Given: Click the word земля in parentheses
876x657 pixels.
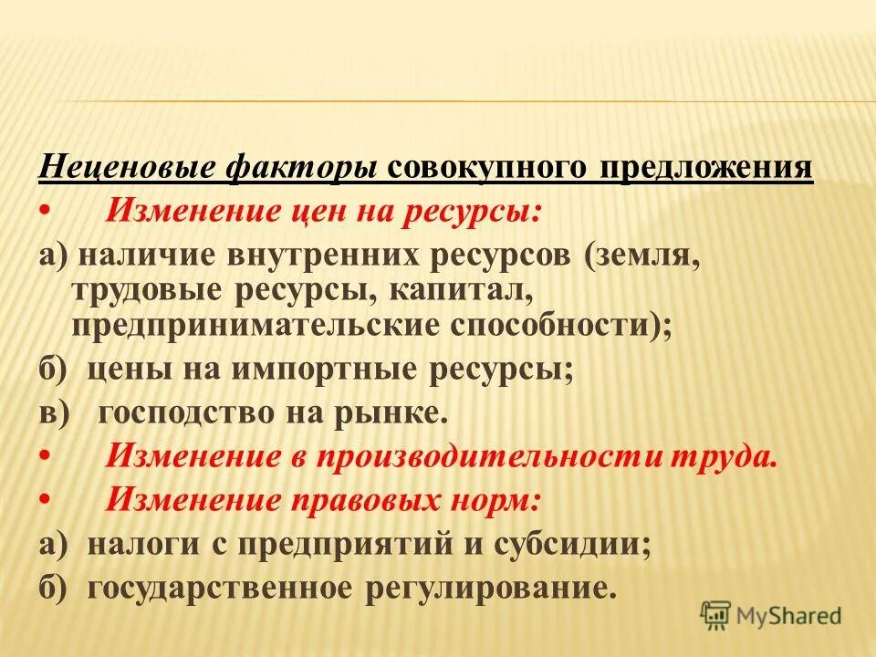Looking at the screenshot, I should (649, 255).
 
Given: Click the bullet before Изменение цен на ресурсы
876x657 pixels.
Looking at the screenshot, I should (46, 211).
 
